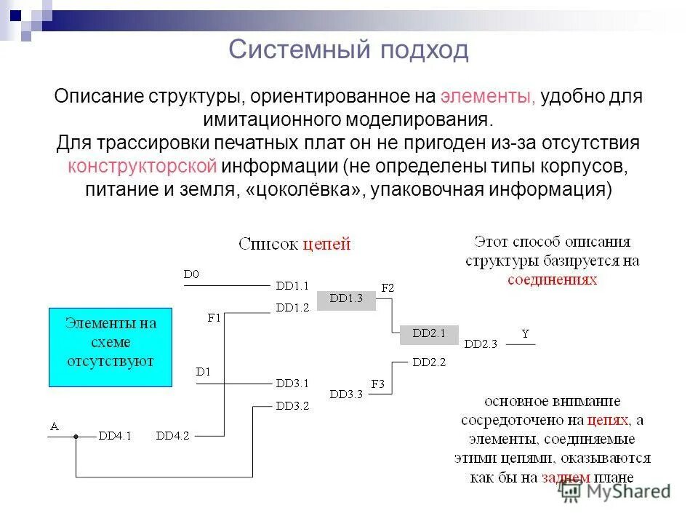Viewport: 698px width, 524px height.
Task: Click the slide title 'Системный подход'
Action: pyautogui.click(x=348, y=50)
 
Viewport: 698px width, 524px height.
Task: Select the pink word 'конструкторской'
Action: pyautogui.click(x=143, y=166)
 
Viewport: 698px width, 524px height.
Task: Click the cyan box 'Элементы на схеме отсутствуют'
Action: pyautogui.click(x=110, y=347)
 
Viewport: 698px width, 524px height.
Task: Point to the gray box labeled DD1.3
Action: pyautogui.click(x=345, y=298)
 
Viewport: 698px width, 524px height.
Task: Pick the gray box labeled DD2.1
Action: pyautogui.click(x=428, y=333)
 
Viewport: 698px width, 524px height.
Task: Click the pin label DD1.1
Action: pyautogui.click(x=292, y=285)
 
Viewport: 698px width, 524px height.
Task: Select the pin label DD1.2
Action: pyautogui.click(x=292, y=307)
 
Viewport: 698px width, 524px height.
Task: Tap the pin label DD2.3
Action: pyautogui.click(x=481, y=344)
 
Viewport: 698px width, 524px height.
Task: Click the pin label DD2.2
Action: pyautogui.click(x=429, y=361)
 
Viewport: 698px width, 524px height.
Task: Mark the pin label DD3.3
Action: pyautogui.click(x=345, y=394)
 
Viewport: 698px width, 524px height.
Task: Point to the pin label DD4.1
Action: pyautogui.click(x=115, y=436)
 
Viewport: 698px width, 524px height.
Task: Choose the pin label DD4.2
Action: pyautogui.click(x=172, y=436)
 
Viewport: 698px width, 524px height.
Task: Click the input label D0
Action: pyautogui.click(x=191, y=274)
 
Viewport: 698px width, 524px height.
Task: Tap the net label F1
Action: pyautogui.click(x=214, y=317)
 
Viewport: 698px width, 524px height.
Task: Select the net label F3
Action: pyautogui.click(x=378, y=383)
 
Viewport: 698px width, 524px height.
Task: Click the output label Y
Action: pyautogui.click(x=525, y=334)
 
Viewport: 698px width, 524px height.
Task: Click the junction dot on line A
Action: pyautogui.click(x=75, y=437)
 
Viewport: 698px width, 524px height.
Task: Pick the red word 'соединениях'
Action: pyautogui.click(x=552, y=279)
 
